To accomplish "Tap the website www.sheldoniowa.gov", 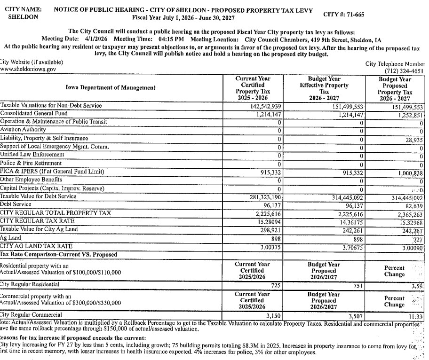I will [28, 69].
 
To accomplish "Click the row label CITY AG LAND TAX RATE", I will [36, 246].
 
